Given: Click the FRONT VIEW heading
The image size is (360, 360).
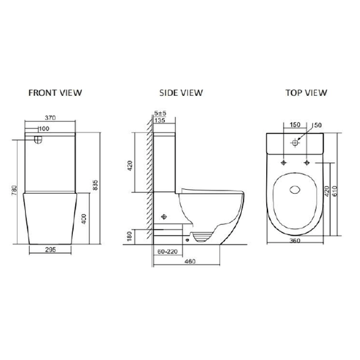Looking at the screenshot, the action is [55, 93].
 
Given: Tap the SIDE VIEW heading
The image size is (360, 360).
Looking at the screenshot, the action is [181, 93].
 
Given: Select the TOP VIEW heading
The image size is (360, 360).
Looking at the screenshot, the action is [306, 93].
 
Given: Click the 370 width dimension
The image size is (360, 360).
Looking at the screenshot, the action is [50, 118].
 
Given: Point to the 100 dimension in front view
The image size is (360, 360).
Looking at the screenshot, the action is [44, 128].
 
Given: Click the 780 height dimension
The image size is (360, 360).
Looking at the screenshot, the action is [14, 190].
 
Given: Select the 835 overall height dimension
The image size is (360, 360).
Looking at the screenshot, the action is [95, 185].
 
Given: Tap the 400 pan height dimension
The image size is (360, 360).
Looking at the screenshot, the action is [84, 219].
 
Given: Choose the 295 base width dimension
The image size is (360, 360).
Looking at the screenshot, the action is [50, 249].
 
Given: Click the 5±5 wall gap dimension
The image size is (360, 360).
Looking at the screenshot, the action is [160, 113].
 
